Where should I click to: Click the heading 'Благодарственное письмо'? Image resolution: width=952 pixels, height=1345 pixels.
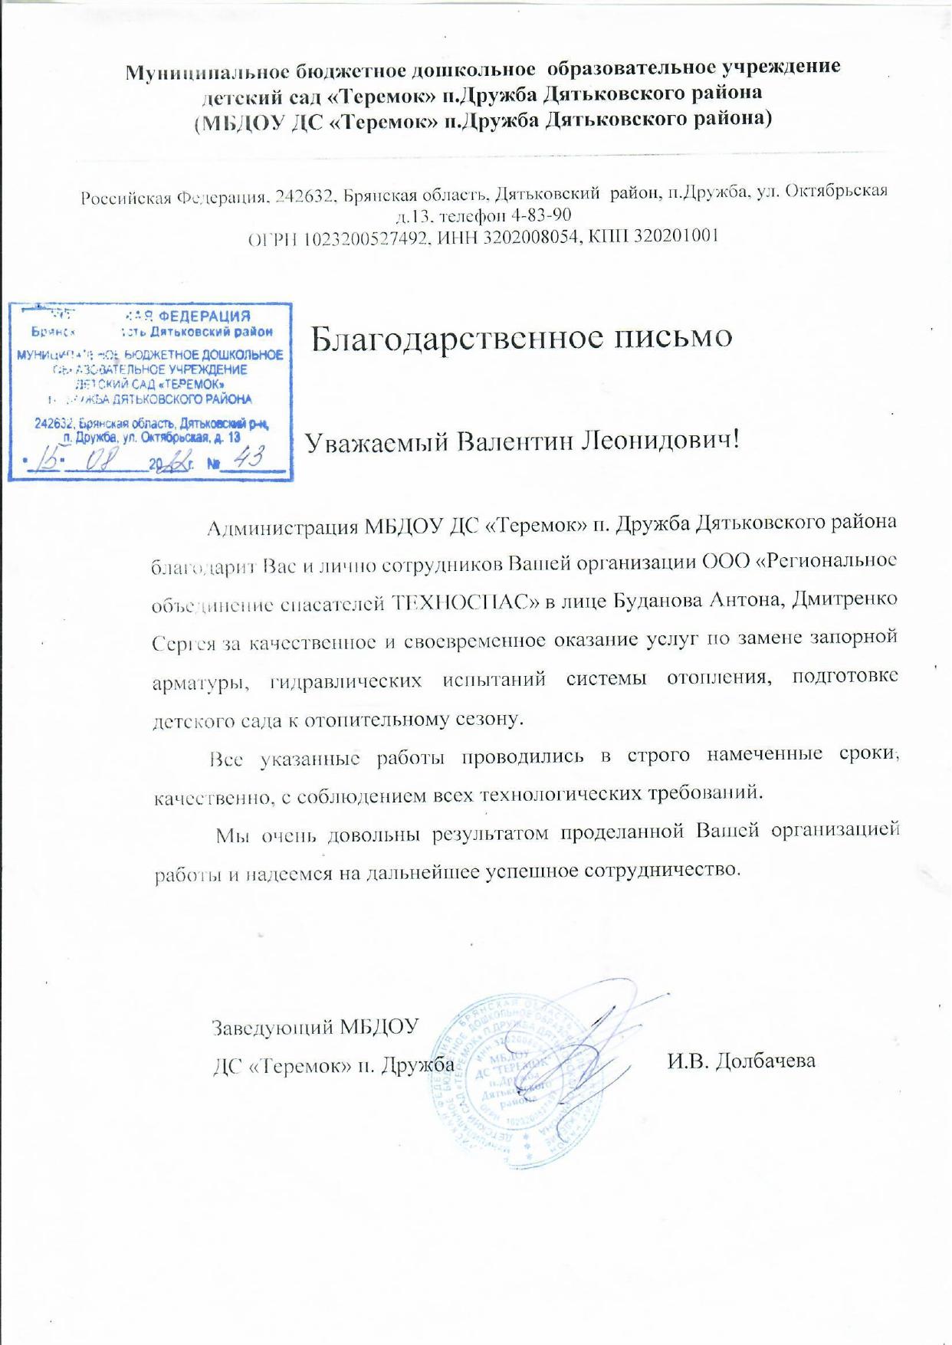522,337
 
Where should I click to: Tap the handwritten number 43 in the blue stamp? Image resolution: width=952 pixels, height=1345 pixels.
248,458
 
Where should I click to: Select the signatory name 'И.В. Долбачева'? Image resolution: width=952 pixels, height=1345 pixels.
740,1061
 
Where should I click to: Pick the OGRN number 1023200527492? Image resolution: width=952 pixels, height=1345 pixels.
364,238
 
